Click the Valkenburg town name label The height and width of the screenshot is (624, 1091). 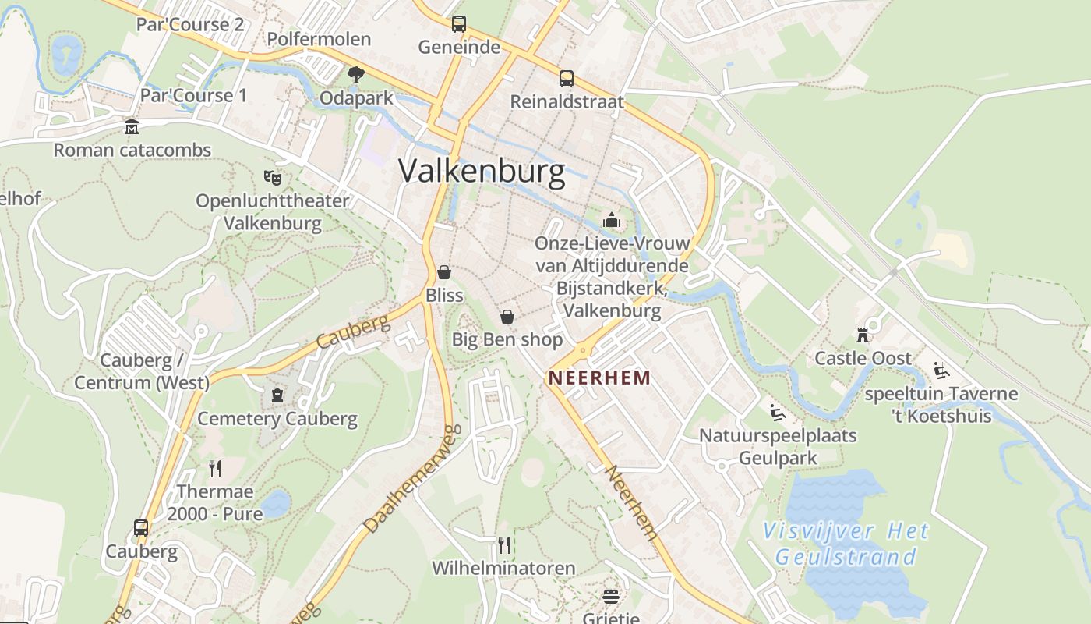pos(482,172)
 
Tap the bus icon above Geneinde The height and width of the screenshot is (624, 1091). pos(459,24)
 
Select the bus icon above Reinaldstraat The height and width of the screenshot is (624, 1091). pos(567,78)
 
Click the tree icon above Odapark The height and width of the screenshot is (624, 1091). pos(356,75)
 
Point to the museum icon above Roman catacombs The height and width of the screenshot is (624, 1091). pos(132,126)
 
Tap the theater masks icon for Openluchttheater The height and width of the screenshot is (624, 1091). pos(272,177)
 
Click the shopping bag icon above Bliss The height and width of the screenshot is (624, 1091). pos(444,272)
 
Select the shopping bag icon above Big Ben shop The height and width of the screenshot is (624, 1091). pos(507,317)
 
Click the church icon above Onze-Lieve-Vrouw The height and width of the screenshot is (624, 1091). pos(612,220)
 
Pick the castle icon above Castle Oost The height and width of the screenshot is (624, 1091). pos(863,335)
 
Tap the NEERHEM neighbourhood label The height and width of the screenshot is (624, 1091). pos(599,378)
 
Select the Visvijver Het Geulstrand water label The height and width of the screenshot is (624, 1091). pos(846,544)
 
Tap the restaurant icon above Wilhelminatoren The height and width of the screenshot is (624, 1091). pos(504,544)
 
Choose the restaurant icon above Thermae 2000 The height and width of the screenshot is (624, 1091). pos(215,468)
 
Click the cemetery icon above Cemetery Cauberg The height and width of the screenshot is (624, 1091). pos(277,395)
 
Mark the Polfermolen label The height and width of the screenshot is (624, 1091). pos(319,39)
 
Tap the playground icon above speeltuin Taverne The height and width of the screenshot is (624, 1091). pos(941,370)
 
